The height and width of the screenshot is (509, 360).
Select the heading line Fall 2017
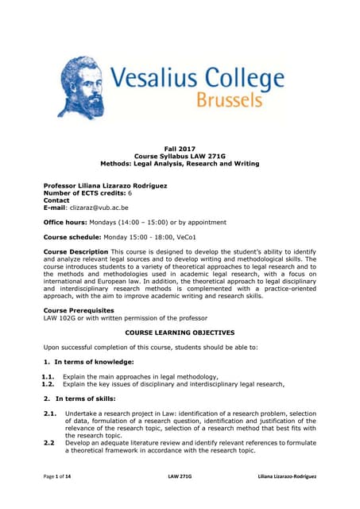tap(179, 149)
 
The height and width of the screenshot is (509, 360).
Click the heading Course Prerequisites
tap(79, 310)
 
